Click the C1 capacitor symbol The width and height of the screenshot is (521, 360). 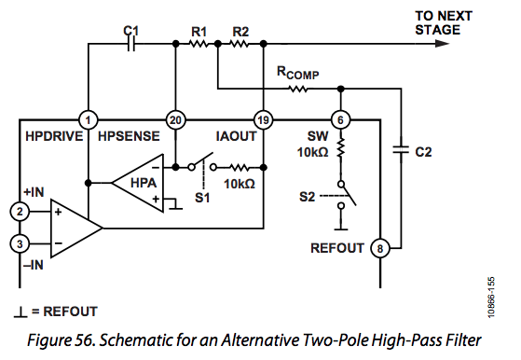click(131, 44)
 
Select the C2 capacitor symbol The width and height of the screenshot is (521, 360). click(401, 149)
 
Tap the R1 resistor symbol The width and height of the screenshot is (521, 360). click(199, 44)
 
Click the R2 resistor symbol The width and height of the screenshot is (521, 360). click(240, 44)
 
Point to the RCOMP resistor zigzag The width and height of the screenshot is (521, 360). click(298, 89)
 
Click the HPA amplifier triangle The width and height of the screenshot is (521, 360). click(138, 183)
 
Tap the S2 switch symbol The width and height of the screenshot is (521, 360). click(346, 195)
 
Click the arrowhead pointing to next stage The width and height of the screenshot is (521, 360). click(442, 44)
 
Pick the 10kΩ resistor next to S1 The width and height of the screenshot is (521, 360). click(239, 168)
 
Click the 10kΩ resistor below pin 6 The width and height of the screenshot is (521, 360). click(341, 148)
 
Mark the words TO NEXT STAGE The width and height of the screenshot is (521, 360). click(444, 23)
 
